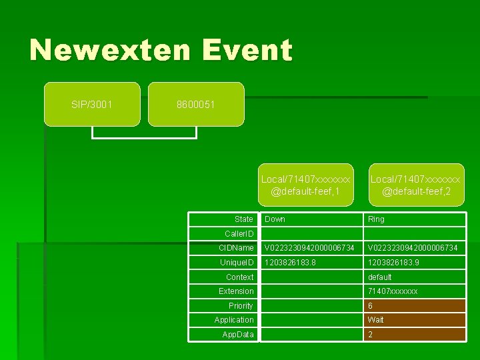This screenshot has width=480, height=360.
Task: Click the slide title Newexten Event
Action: click(161, 51)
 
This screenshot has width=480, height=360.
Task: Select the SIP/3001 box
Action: click(92, 104)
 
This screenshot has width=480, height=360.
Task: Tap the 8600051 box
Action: click(196, 104)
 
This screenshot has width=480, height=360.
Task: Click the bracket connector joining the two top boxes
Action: click(144, 137)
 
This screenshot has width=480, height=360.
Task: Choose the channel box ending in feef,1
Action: click(305, 185)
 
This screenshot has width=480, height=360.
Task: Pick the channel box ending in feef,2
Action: click(416, 185)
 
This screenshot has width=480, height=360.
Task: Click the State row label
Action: click(243, 219)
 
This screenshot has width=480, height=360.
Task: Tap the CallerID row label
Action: click(239, 234)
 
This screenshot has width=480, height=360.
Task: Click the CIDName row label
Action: click(237, 248)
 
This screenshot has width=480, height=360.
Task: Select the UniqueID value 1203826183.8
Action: click(290, 263)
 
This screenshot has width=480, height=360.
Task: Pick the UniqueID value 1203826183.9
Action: click(393, 263)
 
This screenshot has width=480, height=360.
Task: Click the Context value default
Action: click(380, 277)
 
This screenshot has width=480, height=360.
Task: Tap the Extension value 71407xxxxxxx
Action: click(393, 291)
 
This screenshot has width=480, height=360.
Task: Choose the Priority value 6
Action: click(371, 306)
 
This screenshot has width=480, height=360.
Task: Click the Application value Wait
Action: click(376, 320)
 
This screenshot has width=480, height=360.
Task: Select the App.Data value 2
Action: click(371, 335)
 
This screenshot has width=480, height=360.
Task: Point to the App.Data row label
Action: click(238, 335)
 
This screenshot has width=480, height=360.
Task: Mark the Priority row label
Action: click(241, 306)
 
